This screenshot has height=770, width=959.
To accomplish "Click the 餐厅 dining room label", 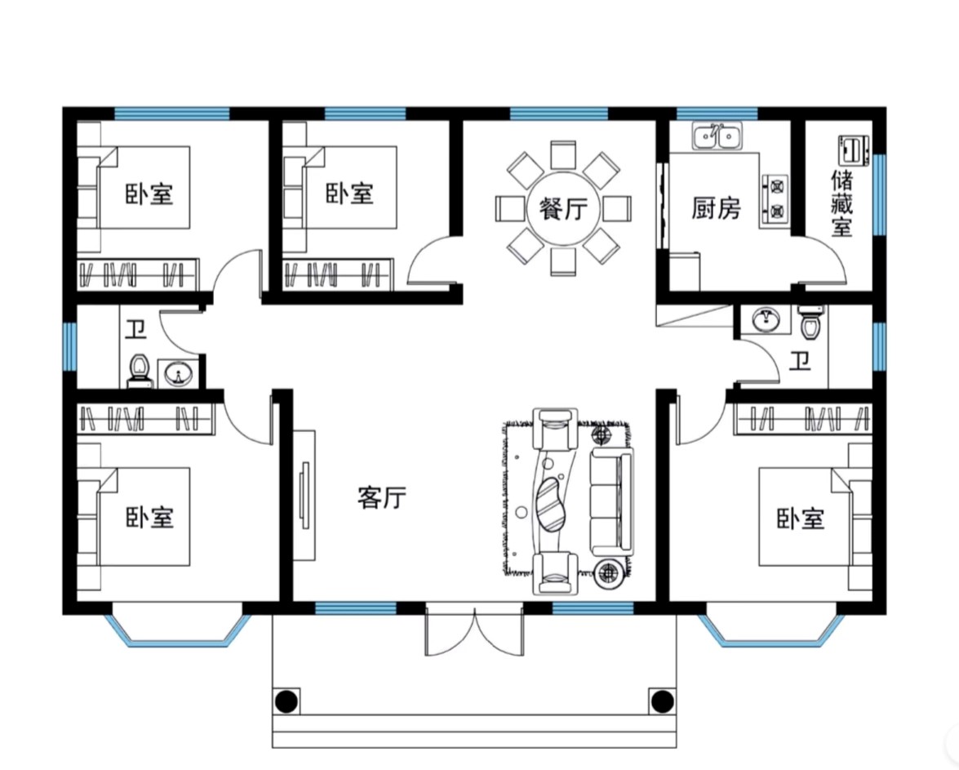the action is [563, 209].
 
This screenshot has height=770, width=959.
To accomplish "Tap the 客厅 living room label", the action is [382, 497].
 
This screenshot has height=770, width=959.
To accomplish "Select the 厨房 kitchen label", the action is [716, 208].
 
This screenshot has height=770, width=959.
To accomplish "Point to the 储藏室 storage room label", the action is [841, 203].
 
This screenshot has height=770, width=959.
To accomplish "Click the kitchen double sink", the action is [717, 136].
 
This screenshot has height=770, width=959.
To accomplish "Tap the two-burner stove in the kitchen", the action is [775, 198].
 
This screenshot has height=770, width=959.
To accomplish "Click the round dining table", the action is [563, 209].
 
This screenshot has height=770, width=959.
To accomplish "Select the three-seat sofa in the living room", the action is [611, 502].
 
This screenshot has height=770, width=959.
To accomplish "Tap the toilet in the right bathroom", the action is [811, 322].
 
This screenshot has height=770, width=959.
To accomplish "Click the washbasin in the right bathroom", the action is [766, 319].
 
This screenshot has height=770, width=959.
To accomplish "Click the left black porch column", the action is [286, 701].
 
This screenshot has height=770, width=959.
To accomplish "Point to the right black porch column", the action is [661, 701].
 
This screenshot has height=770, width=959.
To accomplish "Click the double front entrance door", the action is [475, 630].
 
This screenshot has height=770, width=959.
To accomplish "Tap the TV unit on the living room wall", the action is [304, 495].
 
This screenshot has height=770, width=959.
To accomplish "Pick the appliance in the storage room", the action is [853, 150].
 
